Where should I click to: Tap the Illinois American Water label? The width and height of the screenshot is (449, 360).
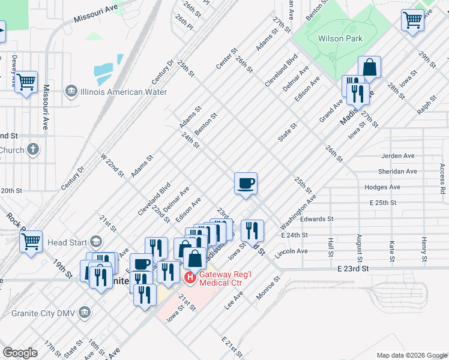pos(122,92)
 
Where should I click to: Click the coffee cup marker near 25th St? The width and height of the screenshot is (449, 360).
pos(246,184)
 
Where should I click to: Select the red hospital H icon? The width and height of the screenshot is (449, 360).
pos(190,277)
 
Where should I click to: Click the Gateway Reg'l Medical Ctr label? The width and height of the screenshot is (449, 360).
pos(231,278)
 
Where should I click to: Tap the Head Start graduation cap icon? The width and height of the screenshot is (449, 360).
pos(95,242)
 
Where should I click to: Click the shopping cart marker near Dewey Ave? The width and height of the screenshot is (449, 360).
pos(26,82)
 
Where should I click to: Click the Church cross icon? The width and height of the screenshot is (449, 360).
pos(33,149)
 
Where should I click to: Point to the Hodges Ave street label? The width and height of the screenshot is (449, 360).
pos(382,187)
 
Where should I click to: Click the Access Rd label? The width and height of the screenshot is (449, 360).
pos(442,179)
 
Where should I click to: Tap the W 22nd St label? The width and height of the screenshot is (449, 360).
pos(112,165)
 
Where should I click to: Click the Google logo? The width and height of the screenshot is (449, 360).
pos(20,353)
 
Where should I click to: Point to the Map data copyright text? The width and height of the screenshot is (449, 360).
pos(412,355)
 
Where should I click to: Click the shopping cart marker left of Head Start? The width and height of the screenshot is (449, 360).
pos(31,241)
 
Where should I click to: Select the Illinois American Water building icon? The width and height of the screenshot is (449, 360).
pos(71,92)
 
